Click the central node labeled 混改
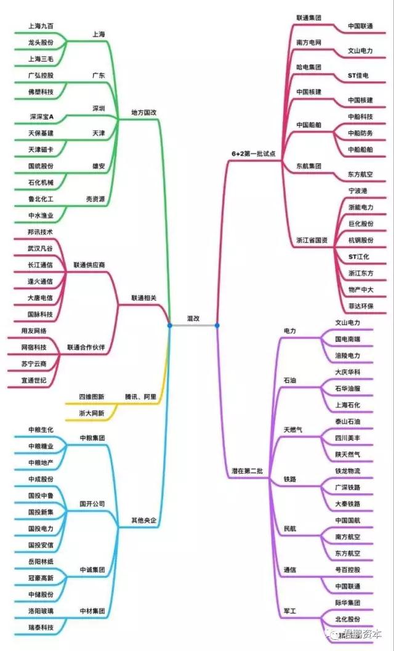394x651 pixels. [x=193, y=318]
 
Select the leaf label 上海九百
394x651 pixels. [x=41, y=26]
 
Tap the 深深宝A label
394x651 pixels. [x=41, y=116]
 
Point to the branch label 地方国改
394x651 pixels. [x=144, y=113]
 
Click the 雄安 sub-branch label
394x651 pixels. [x=98, y=166]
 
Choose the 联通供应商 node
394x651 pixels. [x=89, y=265]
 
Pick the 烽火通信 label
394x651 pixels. [x=41, y=281]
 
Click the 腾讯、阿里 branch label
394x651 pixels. [x=140, y=396]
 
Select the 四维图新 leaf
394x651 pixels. [x=92, y=396]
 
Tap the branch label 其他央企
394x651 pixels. [x=145, y=521]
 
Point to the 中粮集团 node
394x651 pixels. [x=92, y=438]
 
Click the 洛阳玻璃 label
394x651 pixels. [x=41, y=611]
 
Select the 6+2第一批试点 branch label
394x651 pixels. [x=253, y=153]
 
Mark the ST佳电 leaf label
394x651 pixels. [x=358, y=75]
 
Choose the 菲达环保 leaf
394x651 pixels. [x=360, y=306]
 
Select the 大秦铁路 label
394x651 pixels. [x=348, y=504]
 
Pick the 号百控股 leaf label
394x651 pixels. [x=348, y=570]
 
